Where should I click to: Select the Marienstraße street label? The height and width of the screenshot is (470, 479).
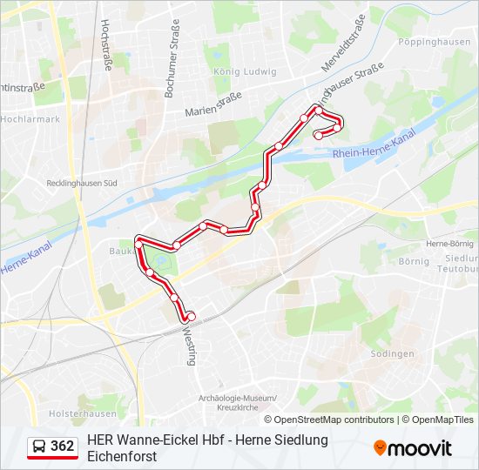point(213,106)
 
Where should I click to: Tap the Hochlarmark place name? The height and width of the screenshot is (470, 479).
point(30,118)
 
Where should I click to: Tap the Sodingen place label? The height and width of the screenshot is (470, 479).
point(392,353)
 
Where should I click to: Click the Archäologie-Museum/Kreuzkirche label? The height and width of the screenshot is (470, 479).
point(238,403)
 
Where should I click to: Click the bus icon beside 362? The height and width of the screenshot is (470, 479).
point(39,446)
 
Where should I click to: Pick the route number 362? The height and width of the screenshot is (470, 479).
point(63,446)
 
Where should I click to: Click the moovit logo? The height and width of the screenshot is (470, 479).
point(413,448)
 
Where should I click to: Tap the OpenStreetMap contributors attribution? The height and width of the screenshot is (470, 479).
point(334,420)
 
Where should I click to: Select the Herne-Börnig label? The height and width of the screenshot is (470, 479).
point(449,244)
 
